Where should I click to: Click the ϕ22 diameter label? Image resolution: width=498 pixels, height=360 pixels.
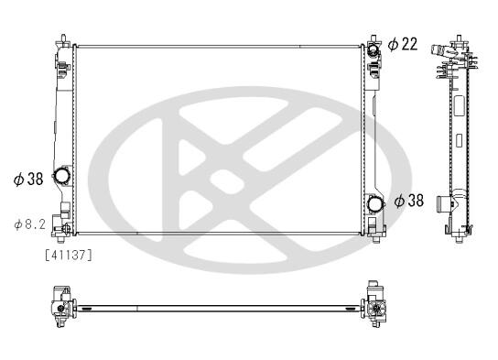403,44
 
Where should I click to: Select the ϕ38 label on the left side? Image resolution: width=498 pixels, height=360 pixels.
28,180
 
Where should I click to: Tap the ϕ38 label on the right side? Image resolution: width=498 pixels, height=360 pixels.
409,201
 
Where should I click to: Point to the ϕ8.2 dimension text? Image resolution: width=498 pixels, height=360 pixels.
30,224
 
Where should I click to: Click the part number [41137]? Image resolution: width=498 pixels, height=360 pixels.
69,255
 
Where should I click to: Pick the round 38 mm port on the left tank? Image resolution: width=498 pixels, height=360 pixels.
61,175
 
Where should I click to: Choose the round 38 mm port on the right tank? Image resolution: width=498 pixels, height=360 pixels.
375,203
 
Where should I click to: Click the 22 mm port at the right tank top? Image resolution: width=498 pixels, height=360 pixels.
373,49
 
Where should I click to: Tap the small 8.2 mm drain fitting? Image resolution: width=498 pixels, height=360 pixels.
66,228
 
